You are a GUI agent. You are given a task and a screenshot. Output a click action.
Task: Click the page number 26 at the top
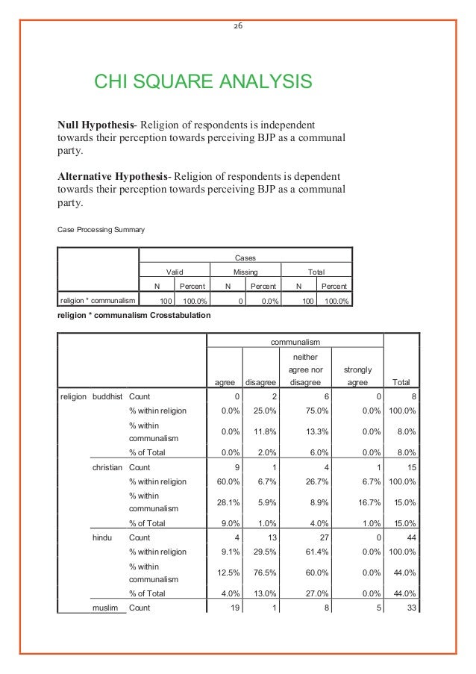point(238,25)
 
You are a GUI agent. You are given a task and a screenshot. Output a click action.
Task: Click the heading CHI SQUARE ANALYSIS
point(201,81)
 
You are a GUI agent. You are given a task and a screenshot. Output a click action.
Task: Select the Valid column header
point(175,272)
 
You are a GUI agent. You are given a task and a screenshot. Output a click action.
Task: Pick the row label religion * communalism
point(97,301)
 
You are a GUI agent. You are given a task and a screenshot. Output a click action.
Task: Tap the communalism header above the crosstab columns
point(295,341)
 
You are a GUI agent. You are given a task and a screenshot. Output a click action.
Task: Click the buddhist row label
point(108,397)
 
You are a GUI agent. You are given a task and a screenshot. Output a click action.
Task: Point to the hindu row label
point(101,537)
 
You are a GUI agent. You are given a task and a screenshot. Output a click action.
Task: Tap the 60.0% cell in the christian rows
point(227,481)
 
